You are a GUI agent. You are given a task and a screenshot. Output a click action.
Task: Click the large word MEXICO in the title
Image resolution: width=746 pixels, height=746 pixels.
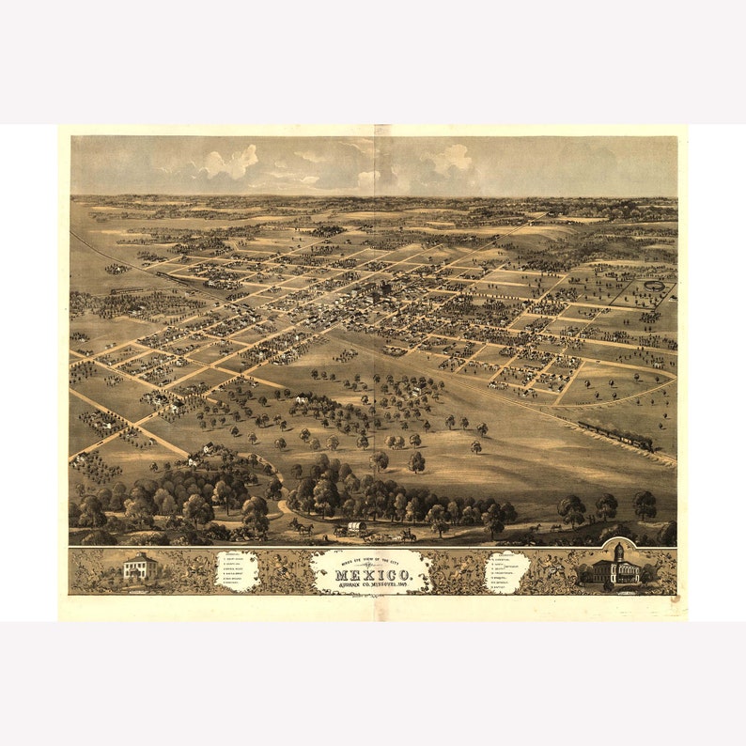372,574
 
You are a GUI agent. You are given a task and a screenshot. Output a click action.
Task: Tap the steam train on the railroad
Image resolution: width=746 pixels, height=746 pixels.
615,435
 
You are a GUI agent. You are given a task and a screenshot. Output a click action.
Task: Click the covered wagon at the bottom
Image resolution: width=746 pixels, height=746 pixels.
356,528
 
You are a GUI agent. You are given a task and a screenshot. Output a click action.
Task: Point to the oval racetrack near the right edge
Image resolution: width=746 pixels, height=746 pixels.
654,285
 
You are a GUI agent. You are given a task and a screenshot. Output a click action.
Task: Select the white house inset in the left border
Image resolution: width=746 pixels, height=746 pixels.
140,567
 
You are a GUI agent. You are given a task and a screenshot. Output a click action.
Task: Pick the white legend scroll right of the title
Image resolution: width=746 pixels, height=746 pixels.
507,571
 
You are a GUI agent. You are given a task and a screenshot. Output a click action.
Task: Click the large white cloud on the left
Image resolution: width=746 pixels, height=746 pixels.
230,163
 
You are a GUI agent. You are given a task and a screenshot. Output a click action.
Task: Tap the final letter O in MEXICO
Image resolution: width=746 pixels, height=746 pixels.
405,574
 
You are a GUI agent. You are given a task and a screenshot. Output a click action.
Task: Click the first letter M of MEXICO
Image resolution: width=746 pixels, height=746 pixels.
341,574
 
